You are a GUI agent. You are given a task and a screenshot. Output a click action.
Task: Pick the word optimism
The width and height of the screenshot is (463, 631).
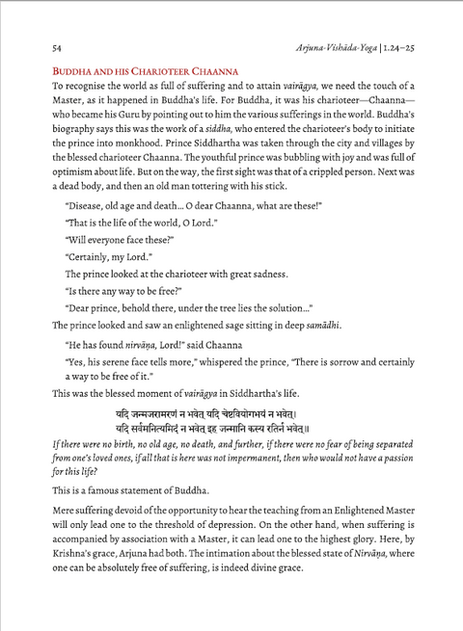57,197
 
